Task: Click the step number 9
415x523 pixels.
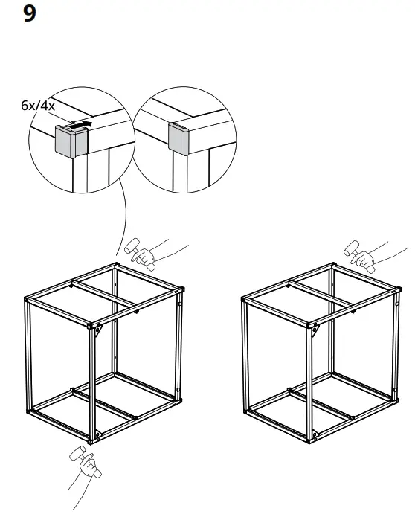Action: [30, 14]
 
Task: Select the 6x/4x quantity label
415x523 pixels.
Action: [37, 106]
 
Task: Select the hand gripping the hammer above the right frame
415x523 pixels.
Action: [364, 260]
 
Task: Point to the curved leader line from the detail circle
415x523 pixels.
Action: [123, 216]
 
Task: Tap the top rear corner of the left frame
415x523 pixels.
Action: [116, 264]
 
